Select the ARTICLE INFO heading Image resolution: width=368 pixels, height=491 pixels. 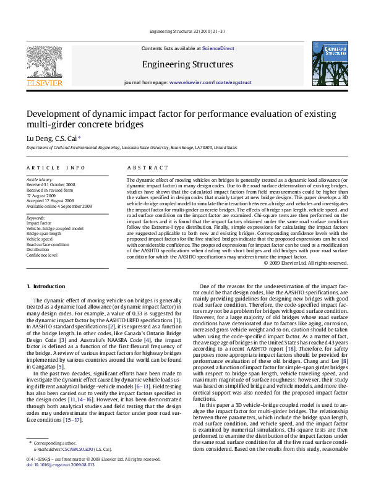56,168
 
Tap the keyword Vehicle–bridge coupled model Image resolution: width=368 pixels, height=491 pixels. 54,228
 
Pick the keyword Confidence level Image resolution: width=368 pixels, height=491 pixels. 43,255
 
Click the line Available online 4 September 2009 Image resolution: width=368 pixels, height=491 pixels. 59,205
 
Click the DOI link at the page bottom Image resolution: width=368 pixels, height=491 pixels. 60,481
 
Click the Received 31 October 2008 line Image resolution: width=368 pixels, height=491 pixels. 51,184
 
